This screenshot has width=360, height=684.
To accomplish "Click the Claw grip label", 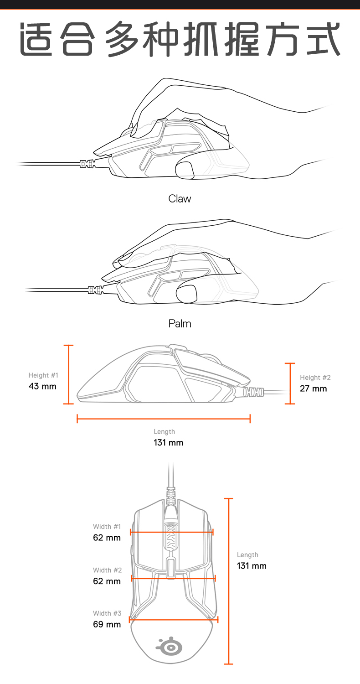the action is click(180, 199).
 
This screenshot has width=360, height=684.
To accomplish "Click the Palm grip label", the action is click(180, 324).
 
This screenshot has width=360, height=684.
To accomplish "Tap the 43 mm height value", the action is click(42, 386).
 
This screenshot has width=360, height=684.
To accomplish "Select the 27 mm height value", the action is click(314, 389).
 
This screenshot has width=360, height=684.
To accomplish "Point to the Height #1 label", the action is click(43, 375).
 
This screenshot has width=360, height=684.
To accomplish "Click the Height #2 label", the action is click(315, 378).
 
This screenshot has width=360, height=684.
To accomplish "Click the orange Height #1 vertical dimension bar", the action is click(68, 374).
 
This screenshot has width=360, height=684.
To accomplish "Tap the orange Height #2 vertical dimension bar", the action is click(290, 383).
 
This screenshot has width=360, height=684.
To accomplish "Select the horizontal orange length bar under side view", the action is click(164, 419).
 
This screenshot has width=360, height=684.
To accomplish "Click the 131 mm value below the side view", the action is click(169, 442).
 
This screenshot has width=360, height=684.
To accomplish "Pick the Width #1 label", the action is click(107, 526).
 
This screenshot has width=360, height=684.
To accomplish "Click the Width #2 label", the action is click(108, 570).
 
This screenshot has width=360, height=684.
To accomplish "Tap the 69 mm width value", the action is click(107, 624).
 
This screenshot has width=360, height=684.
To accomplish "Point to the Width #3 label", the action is click(107, 613).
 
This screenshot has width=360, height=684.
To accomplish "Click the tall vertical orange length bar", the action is click(228, 581).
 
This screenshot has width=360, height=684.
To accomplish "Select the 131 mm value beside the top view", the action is click(252, 566).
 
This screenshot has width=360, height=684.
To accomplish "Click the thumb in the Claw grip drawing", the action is click(185, 170).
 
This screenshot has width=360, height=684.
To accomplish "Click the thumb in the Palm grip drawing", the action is click(187, 294).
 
